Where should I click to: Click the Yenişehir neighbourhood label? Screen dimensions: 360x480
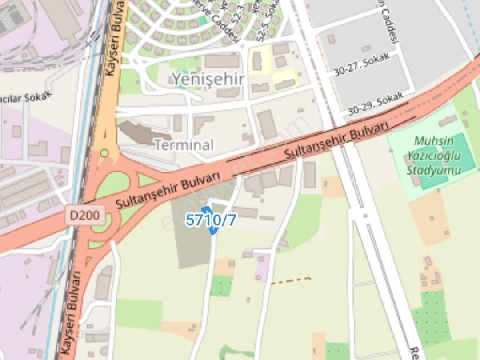click(208, 80)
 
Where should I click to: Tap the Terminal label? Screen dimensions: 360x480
click(184, 145)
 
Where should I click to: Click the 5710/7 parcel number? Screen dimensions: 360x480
click(211, 220)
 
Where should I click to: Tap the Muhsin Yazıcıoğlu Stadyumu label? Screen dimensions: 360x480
click(433, 156)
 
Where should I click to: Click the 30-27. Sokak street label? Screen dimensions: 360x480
click(362, 65)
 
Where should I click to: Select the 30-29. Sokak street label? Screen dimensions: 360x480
click(375, 104)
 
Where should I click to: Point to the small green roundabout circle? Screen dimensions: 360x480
click(104, 153)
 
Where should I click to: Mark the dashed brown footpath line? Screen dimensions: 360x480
click(291, 280)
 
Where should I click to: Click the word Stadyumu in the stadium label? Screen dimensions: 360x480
click(434, 170)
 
